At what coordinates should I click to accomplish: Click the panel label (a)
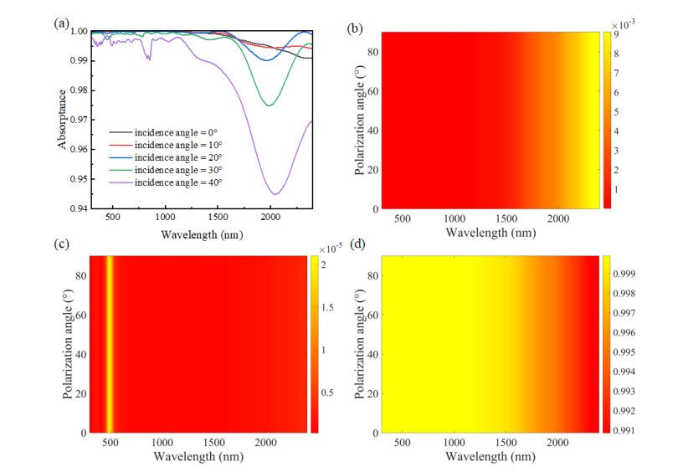(61, 25)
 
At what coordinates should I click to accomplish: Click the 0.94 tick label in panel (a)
(76, 208)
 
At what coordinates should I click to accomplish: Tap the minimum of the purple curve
(275, 194)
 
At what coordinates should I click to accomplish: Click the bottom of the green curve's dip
(269, 105)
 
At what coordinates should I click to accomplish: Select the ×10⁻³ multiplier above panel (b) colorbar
(616, 26)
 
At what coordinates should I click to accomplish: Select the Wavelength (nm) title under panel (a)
(202, 234)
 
